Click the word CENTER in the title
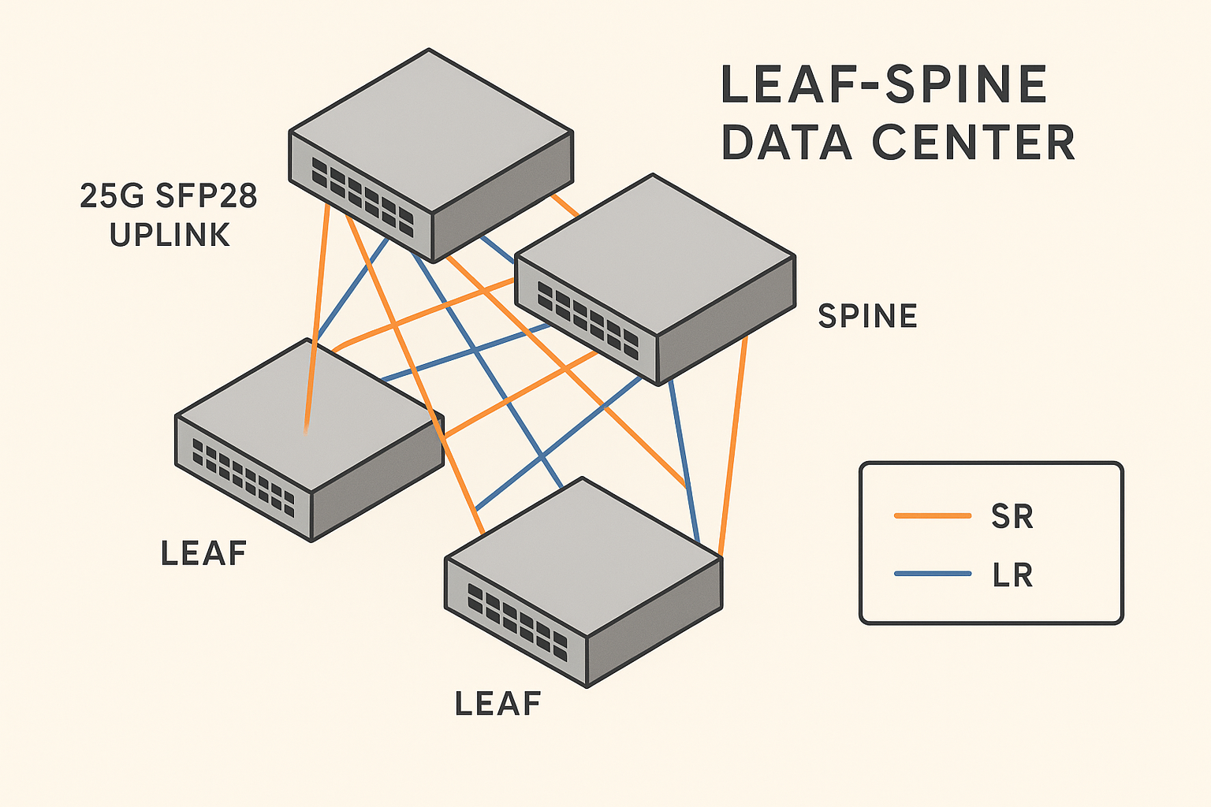coord(973,143)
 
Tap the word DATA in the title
coord(786,143)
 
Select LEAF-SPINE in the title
coord(884,84)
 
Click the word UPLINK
coord(170,235)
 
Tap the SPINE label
coord(867,316)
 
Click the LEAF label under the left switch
coord(203,553)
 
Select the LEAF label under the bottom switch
coord(497,703)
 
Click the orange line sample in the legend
coord(932,516)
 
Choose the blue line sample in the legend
coord(932,574)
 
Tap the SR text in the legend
coord(1012,516)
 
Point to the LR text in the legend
coord(1012,575)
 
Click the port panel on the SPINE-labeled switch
coord(587,320)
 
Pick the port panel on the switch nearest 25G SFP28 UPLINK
coord(362,196)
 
